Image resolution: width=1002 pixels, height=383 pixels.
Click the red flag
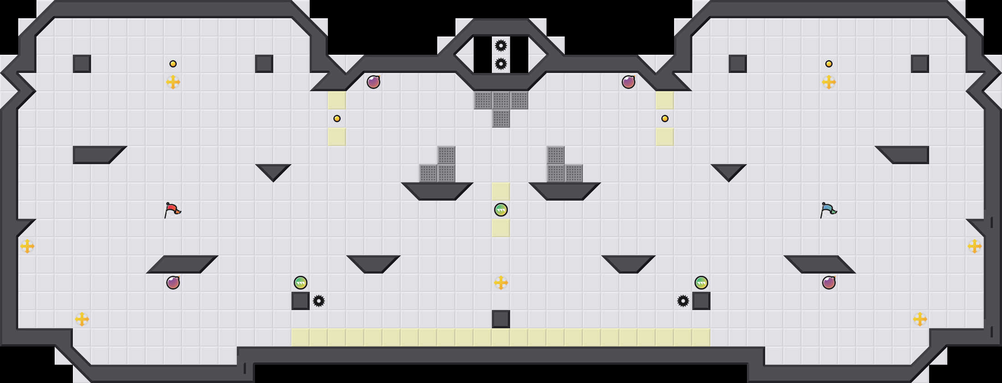172,210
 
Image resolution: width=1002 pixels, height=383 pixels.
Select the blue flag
828,210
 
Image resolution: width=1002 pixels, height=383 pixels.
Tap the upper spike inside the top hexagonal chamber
501,46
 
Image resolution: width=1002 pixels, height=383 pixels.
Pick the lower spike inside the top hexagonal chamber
501,64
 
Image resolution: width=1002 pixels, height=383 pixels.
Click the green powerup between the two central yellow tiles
501,210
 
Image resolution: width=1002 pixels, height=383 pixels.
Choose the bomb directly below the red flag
173,283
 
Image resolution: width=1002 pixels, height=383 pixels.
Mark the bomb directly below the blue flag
829,283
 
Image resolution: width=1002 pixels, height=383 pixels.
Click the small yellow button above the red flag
173,64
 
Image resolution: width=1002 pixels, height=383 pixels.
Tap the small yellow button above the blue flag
829,64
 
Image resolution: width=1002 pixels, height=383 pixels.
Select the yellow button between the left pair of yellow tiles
337,119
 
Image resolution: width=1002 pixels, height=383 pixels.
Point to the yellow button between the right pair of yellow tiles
665,119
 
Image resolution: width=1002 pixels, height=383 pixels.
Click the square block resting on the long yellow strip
501,319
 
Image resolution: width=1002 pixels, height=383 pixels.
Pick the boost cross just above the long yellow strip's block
501,283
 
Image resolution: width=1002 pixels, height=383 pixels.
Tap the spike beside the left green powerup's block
319,301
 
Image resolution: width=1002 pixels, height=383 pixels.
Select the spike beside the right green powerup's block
683,301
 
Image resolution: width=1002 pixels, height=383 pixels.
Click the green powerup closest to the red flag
301,283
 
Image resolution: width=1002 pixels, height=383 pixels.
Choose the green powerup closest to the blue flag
701,283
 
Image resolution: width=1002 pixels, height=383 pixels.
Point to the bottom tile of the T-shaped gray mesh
501,119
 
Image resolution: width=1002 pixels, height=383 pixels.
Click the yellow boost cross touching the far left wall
27,246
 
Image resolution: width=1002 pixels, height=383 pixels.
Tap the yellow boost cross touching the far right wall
975,246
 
